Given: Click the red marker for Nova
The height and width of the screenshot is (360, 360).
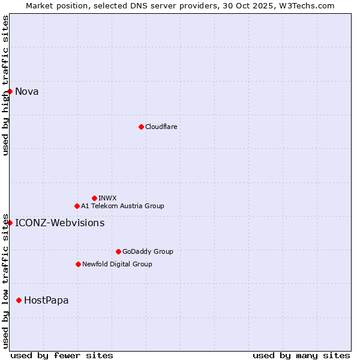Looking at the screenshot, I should tap(10, 91).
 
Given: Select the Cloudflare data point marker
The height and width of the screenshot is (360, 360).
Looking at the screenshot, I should tap(141, 127).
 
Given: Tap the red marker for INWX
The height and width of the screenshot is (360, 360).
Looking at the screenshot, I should tap(94, 198).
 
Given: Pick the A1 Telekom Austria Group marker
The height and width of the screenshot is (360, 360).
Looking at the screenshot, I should tap(77, 206).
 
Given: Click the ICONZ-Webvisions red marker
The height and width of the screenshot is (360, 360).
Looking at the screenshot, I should tap(10, 223).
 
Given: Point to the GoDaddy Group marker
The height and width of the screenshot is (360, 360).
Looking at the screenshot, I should tap(118, 251).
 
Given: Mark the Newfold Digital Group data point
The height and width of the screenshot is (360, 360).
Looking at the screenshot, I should tap(78, 264).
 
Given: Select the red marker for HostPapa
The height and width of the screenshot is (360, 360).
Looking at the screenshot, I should tap(19, 300).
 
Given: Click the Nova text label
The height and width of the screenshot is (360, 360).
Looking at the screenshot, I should tap(27, 92).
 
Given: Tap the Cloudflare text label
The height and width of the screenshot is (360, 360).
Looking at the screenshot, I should tap(161, 127).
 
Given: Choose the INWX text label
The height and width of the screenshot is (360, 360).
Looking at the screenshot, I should tap(107, 198).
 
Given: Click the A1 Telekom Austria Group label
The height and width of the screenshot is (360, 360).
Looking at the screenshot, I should tap(122, 206).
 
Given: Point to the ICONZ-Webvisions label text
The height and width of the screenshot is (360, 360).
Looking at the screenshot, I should tap(59, 223).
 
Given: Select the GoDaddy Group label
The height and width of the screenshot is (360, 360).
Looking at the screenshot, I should tap(148, 251).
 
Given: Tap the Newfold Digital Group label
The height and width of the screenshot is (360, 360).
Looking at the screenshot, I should tap(117, 264).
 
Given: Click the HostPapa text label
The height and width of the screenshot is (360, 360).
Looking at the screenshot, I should tap(46, 301).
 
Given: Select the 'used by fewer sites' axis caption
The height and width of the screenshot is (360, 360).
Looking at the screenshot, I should tap(62, 355).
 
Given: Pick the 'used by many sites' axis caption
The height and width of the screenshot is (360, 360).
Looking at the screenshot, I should tap(301, 355).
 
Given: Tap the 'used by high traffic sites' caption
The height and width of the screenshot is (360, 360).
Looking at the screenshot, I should tap(5, 85).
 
